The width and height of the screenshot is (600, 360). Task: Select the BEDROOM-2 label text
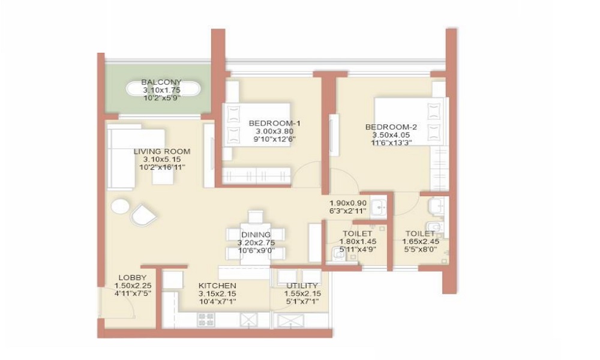[x=391, y=127]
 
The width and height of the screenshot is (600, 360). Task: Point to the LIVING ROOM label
[x=161, y=151]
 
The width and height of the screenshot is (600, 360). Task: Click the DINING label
[x=256, y=234]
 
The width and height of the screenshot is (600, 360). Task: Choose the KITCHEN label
[x=217, y=285]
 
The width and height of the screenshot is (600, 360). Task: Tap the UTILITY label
[x=302, y=286]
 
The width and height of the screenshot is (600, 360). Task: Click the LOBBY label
[x=132, y=277]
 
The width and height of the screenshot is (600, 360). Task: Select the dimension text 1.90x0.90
[x=346, y=203]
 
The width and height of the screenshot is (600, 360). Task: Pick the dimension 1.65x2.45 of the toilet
[x=420, y=242]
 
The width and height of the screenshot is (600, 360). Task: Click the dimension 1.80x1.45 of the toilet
[x=358, y=242]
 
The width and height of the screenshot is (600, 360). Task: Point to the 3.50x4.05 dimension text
[x=391, y=136]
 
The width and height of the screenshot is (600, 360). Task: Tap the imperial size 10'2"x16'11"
[x=161, y=167]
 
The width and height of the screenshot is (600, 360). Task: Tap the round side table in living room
[x=120, y=206]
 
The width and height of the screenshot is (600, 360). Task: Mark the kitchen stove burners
[x=206, y=319]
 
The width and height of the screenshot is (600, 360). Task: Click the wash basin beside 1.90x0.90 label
[x=379, y=207]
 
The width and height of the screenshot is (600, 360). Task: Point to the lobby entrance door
[x=101, y=302]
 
